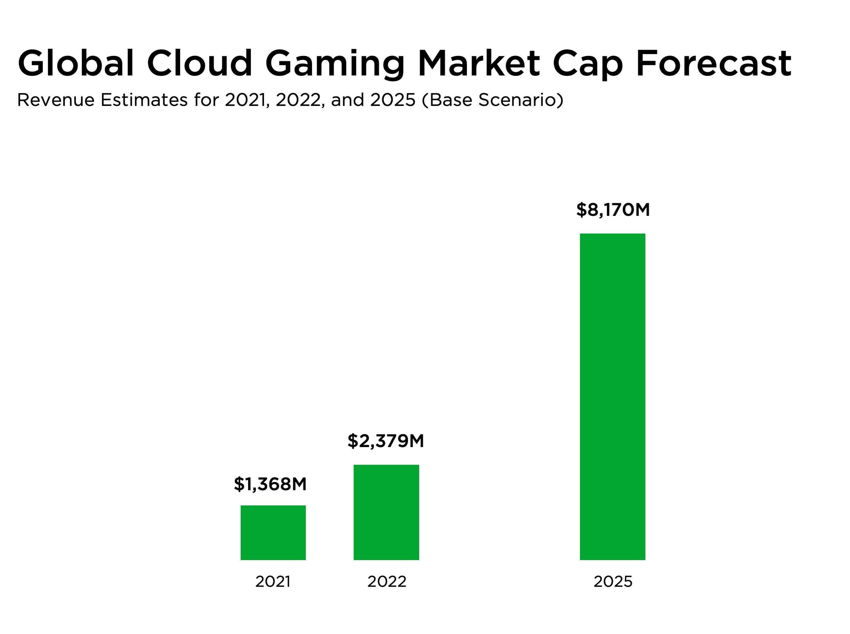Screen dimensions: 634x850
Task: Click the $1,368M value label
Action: coord(270,484)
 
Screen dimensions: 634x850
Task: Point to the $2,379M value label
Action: coord(385,441)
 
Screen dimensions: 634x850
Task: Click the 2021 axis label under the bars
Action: coord(273,582)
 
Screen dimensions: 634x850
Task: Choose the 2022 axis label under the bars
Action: coord(387,582)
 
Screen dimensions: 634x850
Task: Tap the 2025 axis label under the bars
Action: coord(612,582)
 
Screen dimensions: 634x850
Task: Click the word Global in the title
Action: coord(75,63)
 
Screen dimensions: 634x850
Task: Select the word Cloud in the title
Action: coord(199,63)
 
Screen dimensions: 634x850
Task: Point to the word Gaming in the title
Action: coord(334,64)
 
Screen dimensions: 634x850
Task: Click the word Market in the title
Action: coord(479,63)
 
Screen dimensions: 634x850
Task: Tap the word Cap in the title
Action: coord(588,64)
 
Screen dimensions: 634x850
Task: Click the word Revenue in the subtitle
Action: coord(56,100)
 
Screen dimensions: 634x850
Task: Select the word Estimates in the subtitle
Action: coord(144,100)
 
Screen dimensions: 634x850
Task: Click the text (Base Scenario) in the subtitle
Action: coord(493,100)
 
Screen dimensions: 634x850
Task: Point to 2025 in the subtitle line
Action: coord(393,100)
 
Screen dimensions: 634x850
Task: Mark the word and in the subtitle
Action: coord(347,100)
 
